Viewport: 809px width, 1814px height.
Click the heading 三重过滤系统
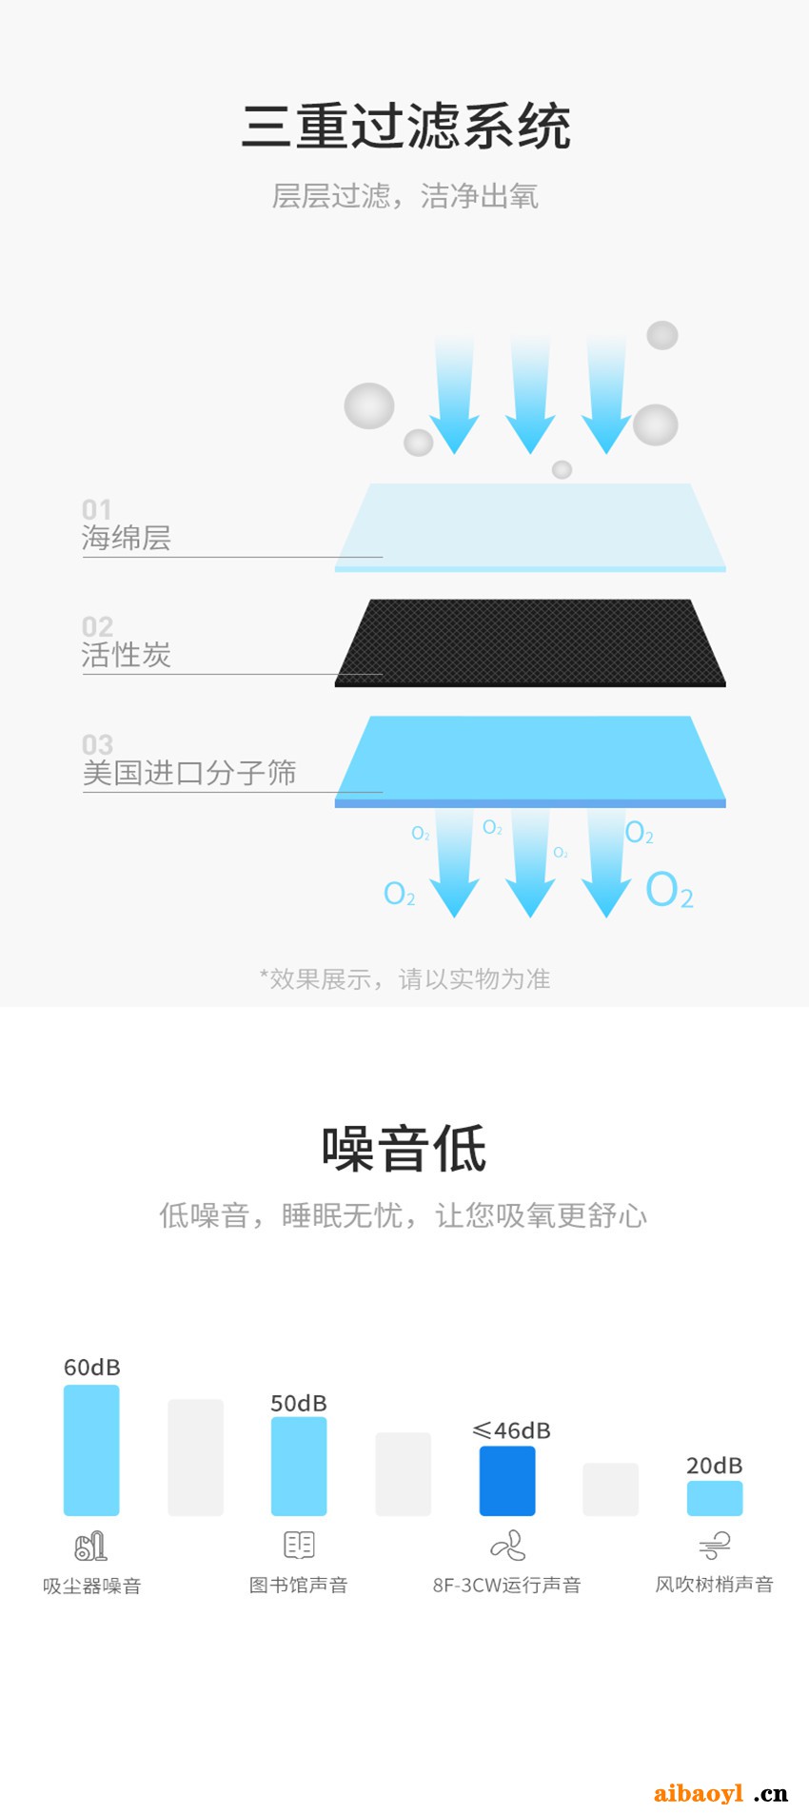pos(406,127)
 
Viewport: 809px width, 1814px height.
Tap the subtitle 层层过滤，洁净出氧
pos(405,196)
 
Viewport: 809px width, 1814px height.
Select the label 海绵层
pos(127,538)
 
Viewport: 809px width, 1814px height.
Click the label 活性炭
pos(127,655)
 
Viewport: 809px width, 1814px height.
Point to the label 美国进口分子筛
pos(189,773)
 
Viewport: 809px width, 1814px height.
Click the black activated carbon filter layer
pos(530,642)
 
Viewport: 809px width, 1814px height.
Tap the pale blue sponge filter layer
pos(530,527)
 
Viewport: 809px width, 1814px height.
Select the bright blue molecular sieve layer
pos(530,761)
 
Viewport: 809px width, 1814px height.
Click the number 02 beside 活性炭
pos(97,626)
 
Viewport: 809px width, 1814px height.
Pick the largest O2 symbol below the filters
pos(669,891)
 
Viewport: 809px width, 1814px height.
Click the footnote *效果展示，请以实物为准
pos(404,979)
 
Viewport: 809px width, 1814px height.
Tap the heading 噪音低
pos(404,1149)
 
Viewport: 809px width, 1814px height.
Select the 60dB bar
pos(91,1449)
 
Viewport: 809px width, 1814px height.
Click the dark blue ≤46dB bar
pos(507,1480)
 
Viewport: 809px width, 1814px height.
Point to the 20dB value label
pos(714,1466)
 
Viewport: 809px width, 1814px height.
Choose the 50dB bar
pos(299,1466)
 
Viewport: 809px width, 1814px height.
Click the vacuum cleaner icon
pos(90,1546)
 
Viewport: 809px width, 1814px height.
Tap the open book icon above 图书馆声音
pos(299,1545)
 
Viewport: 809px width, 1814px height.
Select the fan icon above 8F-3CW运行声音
pos(507,1546)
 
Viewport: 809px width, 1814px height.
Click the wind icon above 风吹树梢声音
pos(715,1546)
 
